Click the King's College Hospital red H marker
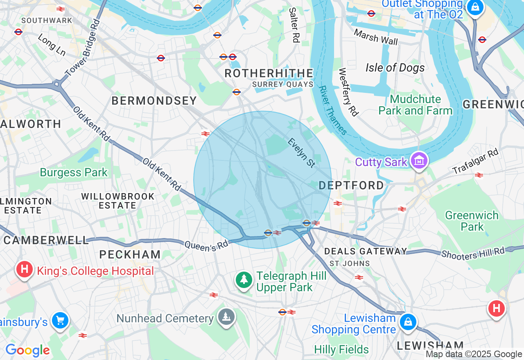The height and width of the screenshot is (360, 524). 24,270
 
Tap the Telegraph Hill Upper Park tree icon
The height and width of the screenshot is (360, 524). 244,280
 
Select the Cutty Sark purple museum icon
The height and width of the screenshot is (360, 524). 420,161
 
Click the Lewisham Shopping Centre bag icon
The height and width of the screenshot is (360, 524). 408,322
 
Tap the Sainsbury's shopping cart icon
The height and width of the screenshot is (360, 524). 60,320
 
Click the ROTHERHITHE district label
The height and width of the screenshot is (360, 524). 269,74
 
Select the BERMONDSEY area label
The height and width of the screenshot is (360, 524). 154,101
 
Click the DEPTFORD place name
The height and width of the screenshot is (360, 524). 351,185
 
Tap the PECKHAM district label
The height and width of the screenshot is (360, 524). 130,254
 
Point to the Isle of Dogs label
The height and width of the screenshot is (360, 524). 395,68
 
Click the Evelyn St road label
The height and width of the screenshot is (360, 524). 302,153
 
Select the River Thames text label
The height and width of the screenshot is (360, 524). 333,110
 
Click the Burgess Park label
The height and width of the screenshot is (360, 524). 74,173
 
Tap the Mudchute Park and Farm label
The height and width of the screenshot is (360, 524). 415,105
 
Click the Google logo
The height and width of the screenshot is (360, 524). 28,350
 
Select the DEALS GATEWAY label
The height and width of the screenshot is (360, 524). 365,251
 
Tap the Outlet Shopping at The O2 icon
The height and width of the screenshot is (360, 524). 475,7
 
